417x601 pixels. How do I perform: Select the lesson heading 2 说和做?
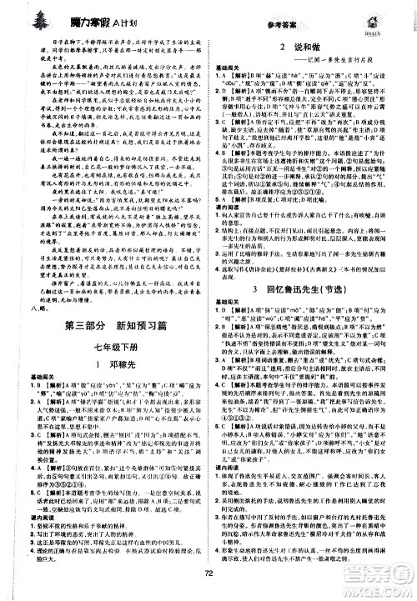coord(311,48)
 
